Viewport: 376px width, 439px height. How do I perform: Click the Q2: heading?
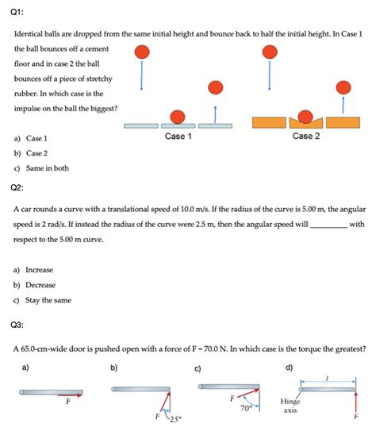click(18, 188)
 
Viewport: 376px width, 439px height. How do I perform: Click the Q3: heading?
click(18, 325)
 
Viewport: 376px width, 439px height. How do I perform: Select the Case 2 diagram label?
click(306, 137)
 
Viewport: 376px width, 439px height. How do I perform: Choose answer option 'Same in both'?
click(47, 168)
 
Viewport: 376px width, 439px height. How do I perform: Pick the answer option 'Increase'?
click(39, 270)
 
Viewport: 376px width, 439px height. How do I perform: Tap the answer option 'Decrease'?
click(40, 285)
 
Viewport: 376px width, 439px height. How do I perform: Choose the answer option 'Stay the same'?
click(48, 300)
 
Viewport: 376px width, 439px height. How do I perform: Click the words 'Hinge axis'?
click(290, 406)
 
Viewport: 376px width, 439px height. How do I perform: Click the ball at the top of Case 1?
click(142, 52)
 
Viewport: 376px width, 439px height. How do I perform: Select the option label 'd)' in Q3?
click(289, 368)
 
